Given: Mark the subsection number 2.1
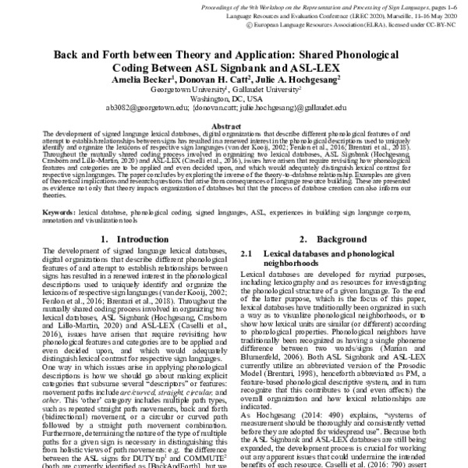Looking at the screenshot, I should tap(249, 254).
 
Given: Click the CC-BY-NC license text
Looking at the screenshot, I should tap(442, 24).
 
